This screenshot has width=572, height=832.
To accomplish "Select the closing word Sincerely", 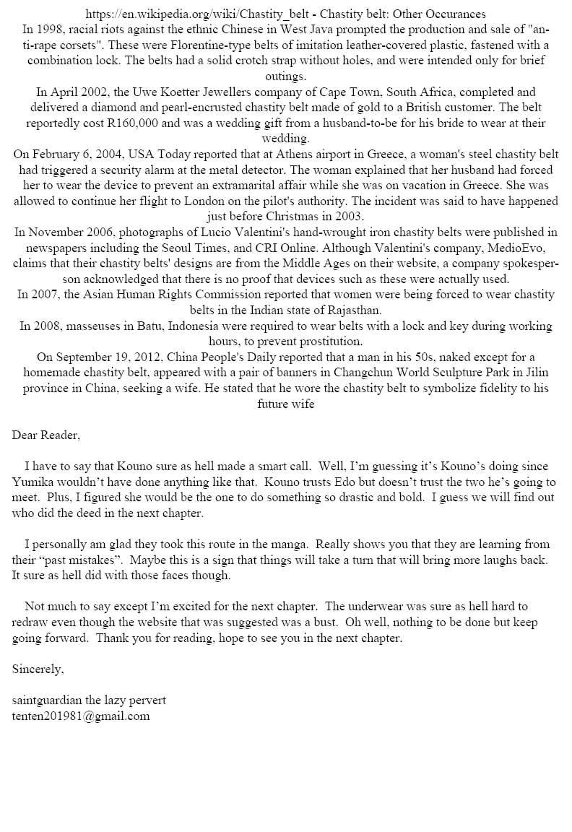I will click(38, 669).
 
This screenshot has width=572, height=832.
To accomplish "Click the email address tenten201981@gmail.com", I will click(81, 716).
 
